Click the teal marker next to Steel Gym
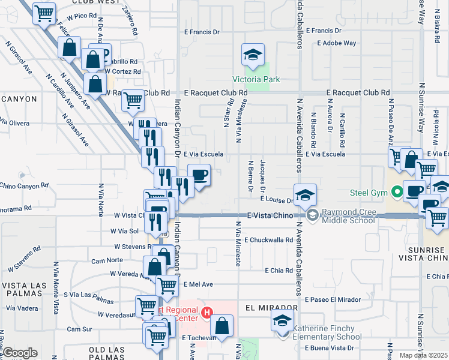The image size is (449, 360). pos(396,193)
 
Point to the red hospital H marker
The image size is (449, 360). pos(207,312)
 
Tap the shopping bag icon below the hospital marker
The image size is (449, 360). pos(221,326)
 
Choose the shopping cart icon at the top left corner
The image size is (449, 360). pos(44,13)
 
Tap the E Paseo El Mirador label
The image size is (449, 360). pos(333,299)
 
